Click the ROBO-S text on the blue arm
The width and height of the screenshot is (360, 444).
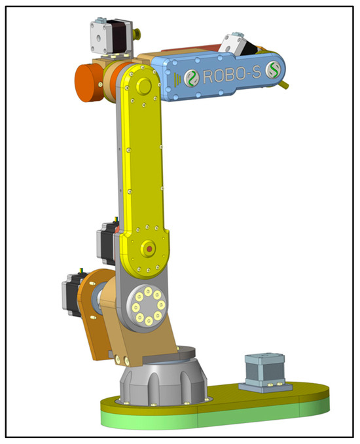232,75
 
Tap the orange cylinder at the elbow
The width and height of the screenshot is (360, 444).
88,82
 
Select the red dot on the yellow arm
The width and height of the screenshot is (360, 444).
149,249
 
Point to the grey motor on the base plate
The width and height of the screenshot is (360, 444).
264,372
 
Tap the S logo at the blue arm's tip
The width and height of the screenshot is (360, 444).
274,69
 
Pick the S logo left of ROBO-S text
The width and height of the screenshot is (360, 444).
192,77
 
